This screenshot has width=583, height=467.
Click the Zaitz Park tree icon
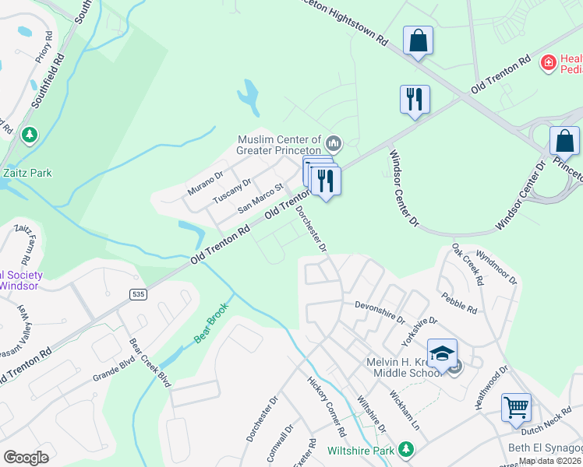[30, 135]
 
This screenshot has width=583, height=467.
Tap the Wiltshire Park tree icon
[405, 449]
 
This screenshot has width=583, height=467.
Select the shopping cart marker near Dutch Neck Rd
[516, 406]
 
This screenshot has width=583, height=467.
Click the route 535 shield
[137, 293]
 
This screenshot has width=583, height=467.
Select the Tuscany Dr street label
[232, 190]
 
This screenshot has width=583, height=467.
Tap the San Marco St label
[260, 198]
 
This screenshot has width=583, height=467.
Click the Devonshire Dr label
[380, 311]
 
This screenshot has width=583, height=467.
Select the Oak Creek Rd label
[468, 265]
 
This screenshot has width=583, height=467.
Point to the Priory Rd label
[46, 47]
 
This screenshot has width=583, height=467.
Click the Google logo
[26, 457]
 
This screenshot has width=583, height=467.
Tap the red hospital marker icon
[549, 61]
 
